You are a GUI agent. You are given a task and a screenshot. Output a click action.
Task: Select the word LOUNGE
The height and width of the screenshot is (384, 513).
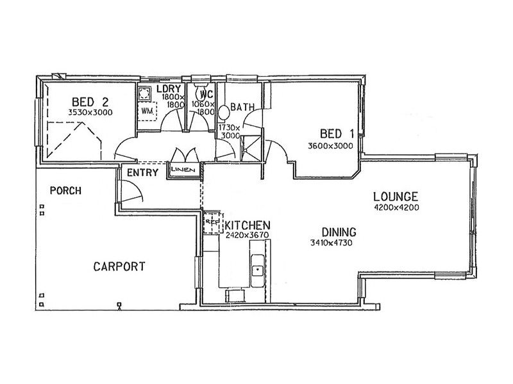point(396,196)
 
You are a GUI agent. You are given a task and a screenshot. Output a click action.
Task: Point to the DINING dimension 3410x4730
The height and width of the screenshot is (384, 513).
point(331,243)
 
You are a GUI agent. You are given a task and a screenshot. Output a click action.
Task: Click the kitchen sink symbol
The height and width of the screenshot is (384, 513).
point(257,269)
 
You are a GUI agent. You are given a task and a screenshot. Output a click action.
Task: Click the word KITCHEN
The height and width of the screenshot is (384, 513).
point(247,226)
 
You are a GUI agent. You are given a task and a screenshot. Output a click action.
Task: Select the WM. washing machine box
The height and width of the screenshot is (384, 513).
point(148,111)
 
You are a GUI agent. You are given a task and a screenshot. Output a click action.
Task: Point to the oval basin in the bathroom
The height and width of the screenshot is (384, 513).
point(224,113)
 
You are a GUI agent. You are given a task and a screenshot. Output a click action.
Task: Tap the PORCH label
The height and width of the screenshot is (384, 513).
point(64,190)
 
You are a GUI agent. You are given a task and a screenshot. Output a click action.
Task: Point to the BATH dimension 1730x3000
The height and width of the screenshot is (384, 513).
point(230,131)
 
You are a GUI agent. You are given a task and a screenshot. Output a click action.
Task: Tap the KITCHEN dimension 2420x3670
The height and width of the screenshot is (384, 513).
point(246,236)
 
